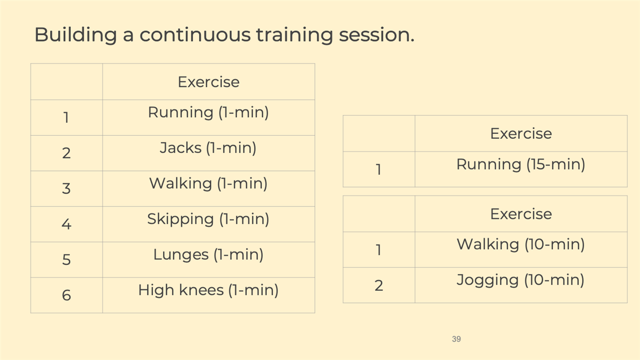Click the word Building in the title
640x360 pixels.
click(x=75, y=35)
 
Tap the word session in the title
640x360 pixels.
click(x=376, y=35)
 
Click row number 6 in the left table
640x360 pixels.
click(x=66, y=295)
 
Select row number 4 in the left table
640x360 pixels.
click(x=66, y=224)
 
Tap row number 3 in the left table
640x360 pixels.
click(x=66, y=188)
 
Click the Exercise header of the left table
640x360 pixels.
click(x=208, y=82)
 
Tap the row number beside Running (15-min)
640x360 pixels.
click(x=378, y=169)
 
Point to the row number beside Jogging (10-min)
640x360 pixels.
click(x=378, y=285)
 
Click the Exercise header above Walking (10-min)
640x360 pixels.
click(x=521, y=213)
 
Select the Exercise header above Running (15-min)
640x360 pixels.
click(x=521, y=133)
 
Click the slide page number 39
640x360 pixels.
click(x=456, y=339)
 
